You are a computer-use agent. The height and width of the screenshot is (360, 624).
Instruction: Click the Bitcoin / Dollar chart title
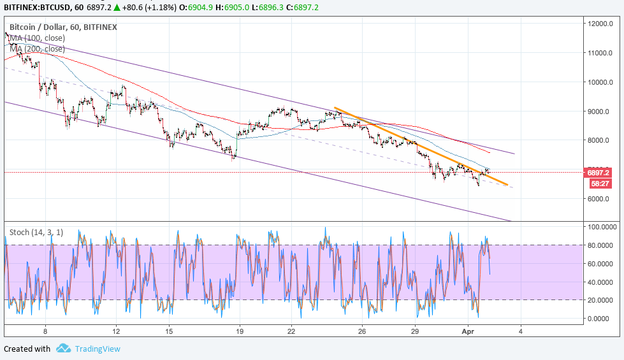63,27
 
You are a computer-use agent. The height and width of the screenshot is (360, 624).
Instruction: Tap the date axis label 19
240,331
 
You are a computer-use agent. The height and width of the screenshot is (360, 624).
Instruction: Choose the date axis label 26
361,331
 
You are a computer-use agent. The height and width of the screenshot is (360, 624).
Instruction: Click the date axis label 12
116,331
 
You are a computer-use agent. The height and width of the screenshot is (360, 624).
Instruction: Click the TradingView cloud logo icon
63,349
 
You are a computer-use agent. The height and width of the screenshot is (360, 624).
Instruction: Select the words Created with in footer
27,349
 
